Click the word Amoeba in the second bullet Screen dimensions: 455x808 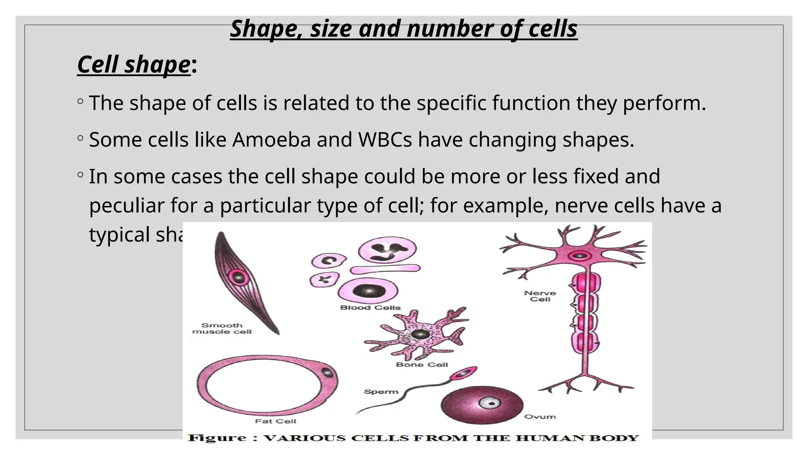coord(271,140)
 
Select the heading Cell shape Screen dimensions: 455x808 coord(134,64)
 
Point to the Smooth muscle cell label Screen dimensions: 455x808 coord(222,329)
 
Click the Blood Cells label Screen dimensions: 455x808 coord(370,308)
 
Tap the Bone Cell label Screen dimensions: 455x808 coord(422,365)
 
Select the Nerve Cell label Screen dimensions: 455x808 coord(540,296)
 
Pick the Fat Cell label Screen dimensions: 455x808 coord(275,421)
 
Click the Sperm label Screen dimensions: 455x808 coord(381,392)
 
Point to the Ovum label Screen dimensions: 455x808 coord(540,417)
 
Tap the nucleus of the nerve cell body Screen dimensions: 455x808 coord(580,256)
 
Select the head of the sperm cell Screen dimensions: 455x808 coord(463,373)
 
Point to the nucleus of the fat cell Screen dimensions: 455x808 coord(327,372)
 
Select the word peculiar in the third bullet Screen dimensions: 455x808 coord(126,206)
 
